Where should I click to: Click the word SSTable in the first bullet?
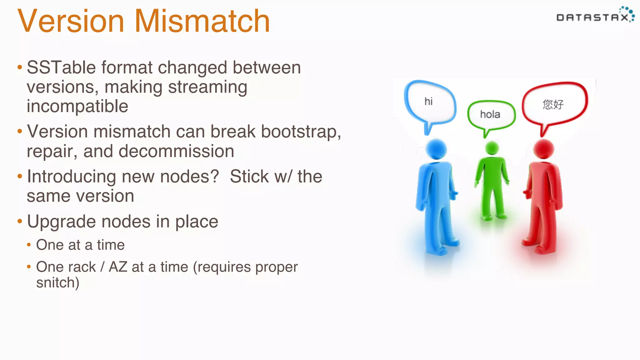61,67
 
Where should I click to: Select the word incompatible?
77,106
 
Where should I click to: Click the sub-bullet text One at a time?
80,245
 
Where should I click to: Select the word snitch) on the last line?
58,283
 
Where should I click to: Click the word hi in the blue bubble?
428,101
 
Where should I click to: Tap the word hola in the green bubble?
490,114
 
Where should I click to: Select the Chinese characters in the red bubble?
553,104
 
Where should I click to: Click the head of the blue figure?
436,149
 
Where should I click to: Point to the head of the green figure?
492,148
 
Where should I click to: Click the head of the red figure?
544,149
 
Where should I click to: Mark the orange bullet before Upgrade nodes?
20,222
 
